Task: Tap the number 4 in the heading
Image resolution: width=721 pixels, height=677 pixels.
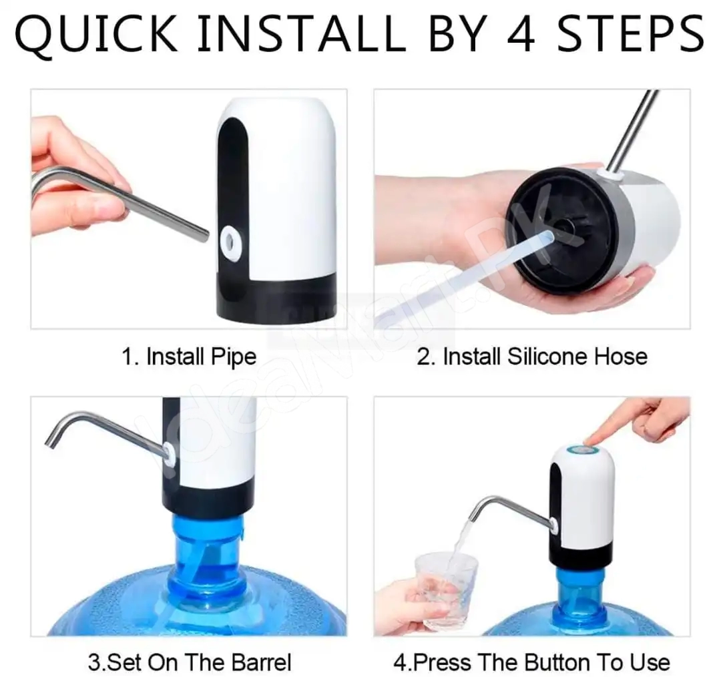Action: [521, 33]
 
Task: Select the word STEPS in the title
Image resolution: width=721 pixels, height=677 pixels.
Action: [630, 33]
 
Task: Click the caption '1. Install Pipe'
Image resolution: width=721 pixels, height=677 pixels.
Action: [188, 357]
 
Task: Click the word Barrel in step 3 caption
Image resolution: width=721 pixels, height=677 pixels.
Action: [261, 663]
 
